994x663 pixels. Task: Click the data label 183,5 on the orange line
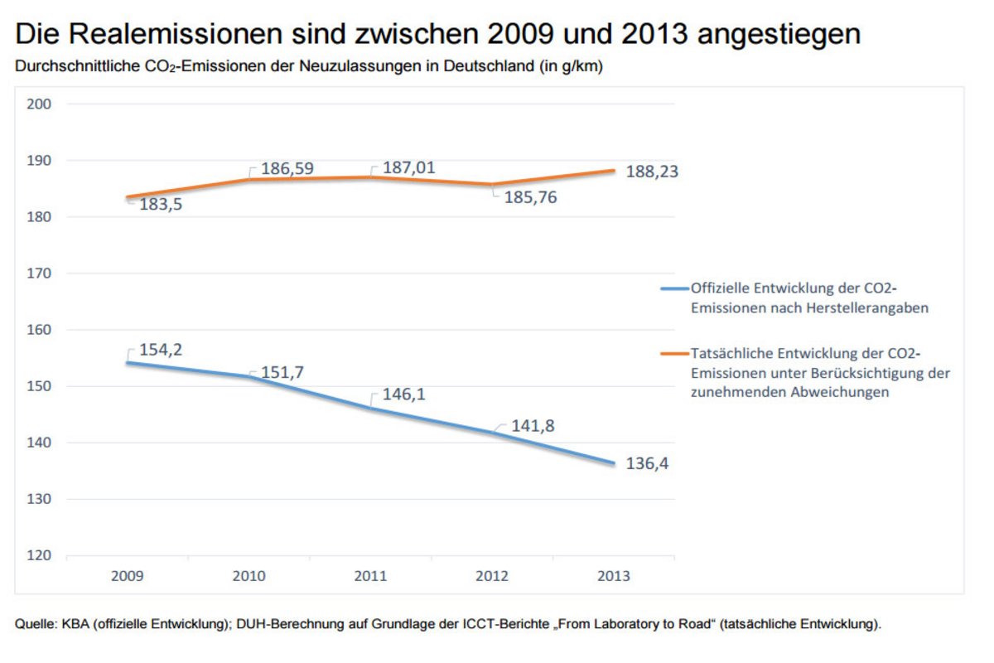pyautogui.click(x=153, y=205)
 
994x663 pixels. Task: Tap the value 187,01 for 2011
pyautogui.click(x=409, y=168)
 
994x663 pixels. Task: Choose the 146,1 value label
pyautogui.click(x=403, y=396)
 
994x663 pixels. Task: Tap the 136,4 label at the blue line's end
pyautogui.click(x=647, y=463)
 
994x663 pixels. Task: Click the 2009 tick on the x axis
pyautogui.click(x=127, y=576)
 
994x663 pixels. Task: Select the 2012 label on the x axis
pyautogui.click(x=492, y=576)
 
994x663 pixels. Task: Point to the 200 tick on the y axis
pyautogui.click(x=40, y=104)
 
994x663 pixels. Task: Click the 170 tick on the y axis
pyautogui.click(x=40, y=273)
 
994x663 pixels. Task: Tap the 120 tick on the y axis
pyautogui.click(x=40, y=555)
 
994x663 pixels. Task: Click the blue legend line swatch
pyautogui.click(x=674, y=288)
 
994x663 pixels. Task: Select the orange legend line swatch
pyautogui.click(x=674, y=354)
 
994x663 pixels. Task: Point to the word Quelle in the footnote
pyautogui.click(x=35, y=624)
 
